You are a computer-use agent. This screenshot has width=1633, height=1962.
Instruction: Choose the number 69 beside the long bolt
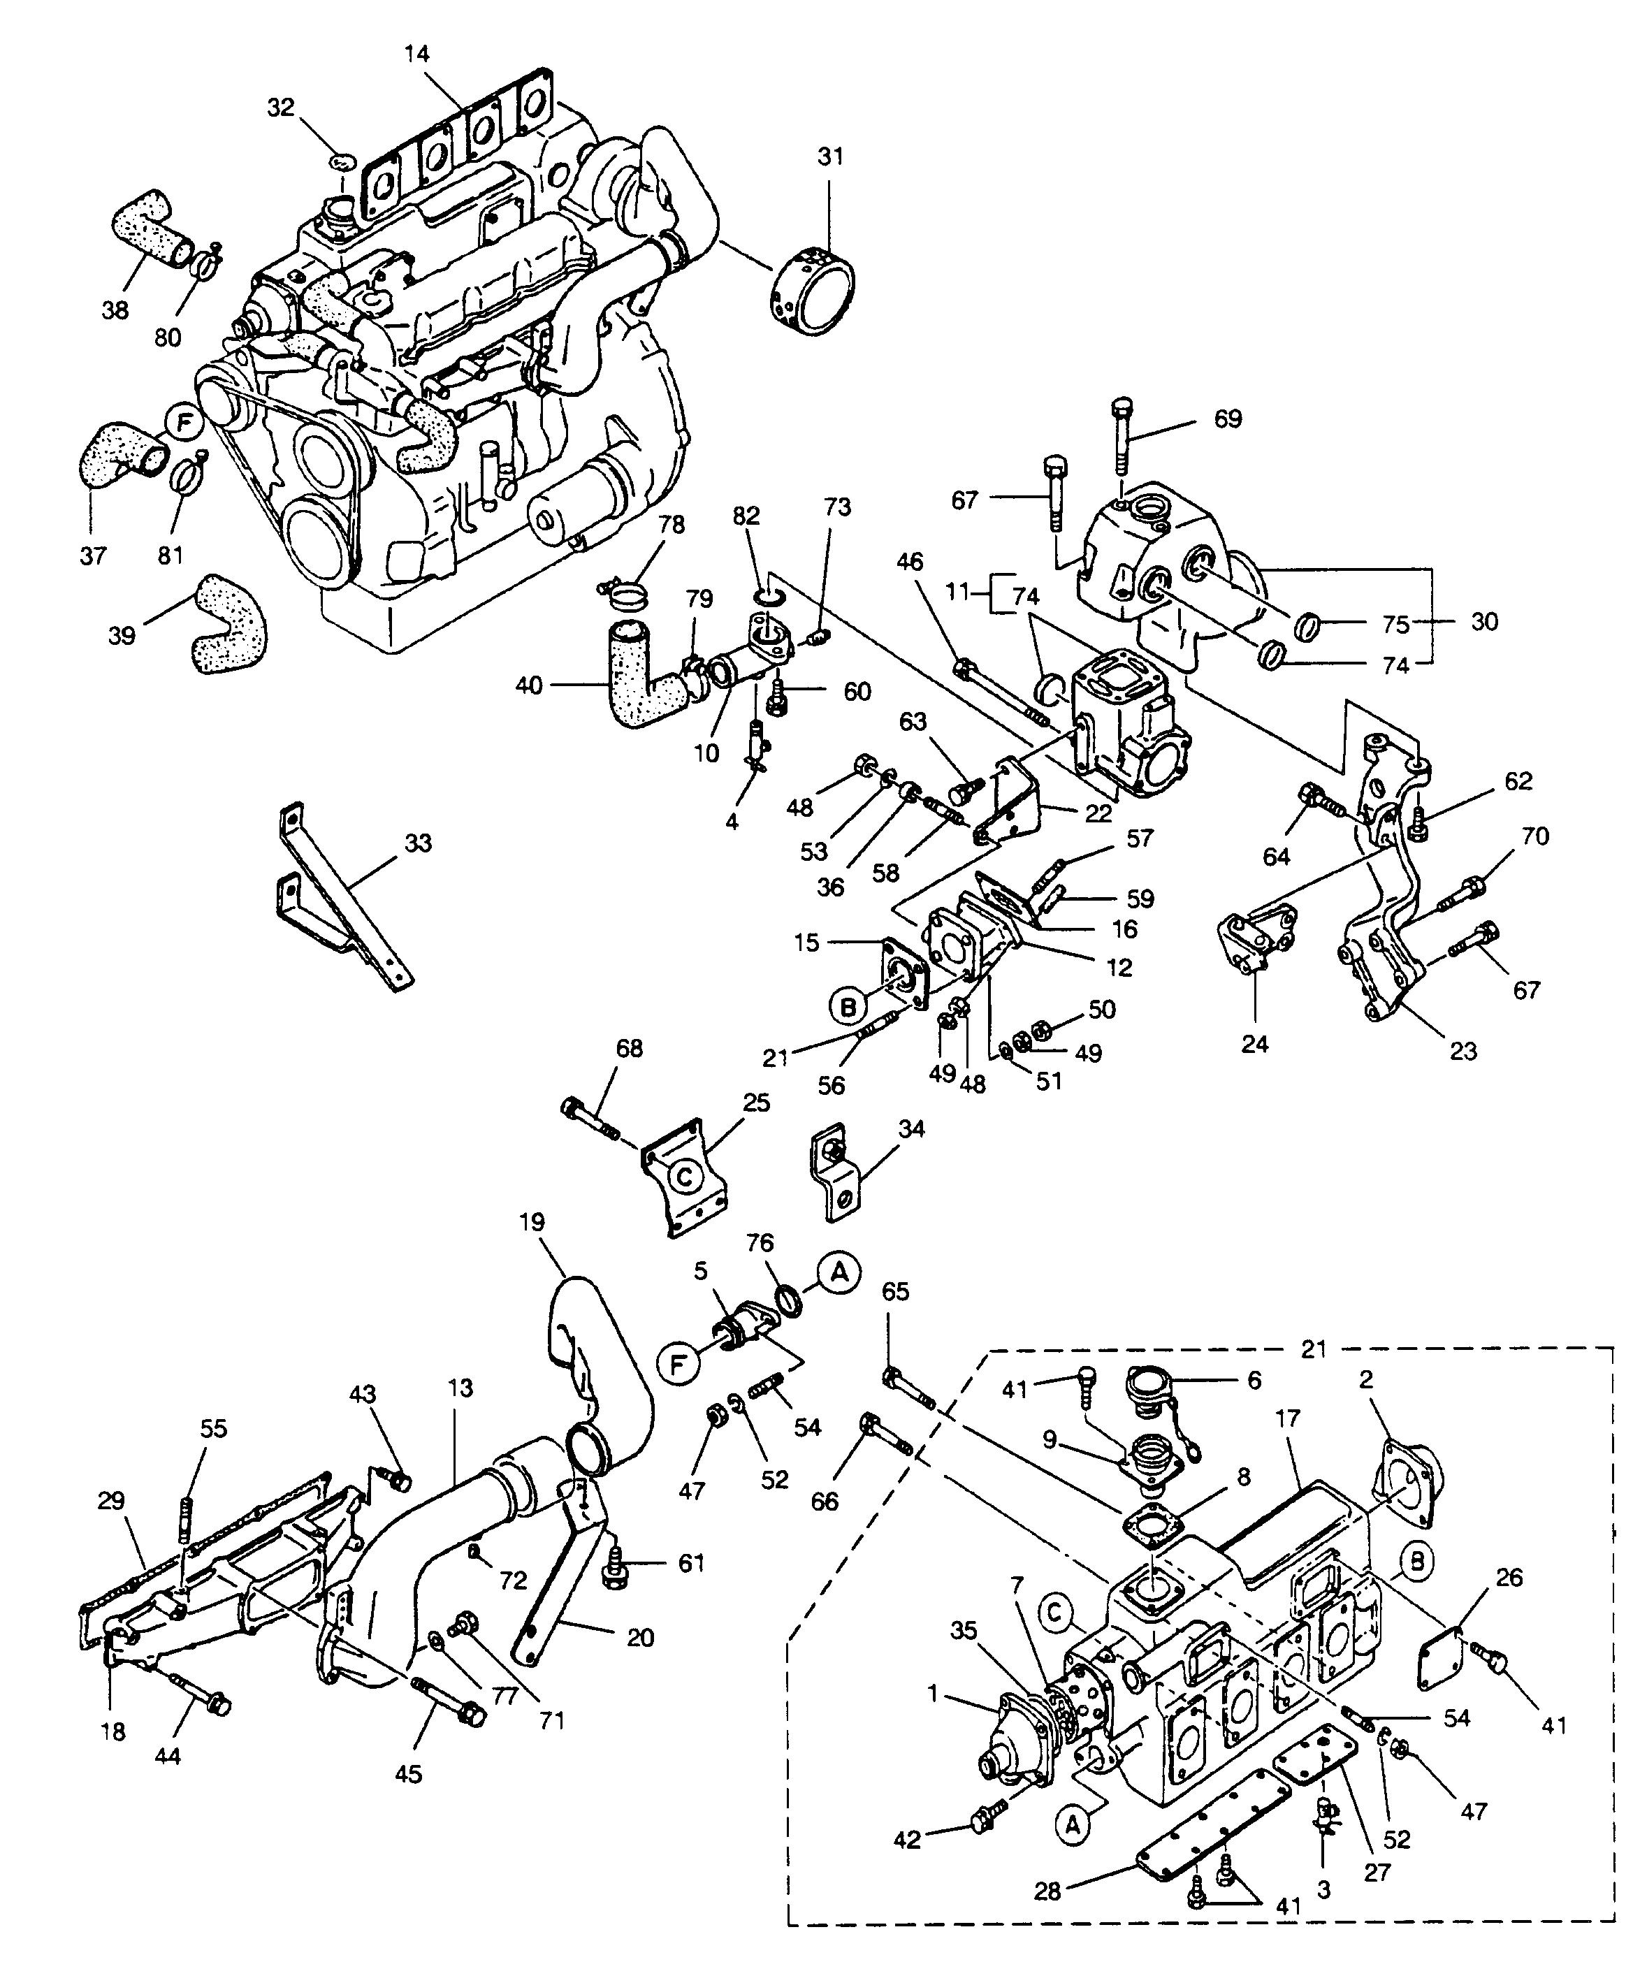tap(1228, 419)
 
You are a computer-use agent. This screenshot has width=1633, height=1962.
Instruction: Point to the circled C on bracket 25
tap(685, 1177)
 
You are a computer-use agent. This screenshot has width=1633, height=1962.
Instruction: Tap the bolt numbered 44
tap(199, 1696)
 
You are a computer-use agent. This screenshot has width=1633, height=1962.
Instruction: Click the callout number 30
tap(1484, 620)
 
